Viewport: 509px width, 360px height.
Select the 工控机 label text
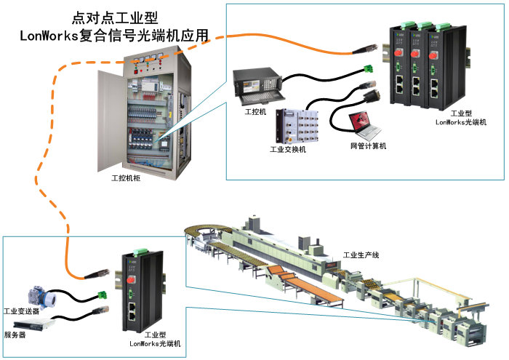tap(255, 113)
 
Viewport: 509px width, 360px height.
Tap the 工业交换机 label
tap(288, 149)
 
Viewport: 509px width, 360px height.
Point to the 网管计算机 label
tap(368, 146)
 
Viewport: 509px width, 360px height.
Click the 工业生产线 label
tap(361, 256)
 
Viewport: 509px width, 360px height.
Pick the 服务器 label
tap(16, 335)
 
